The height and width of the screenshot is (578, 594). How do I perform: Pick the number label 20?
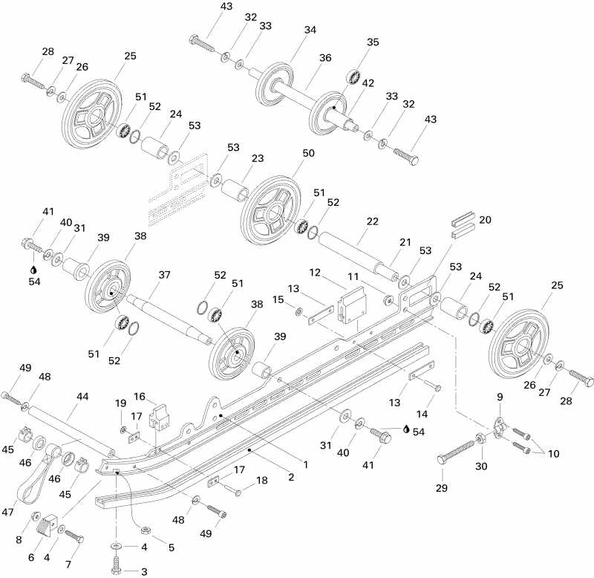(485, 220)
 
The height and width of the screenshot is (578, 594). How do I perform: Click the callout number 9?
(500, 397)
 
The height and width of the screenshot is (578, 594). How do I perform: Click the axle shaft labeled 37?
(163, 312)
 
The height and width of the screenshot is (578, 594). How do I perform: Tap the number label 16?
(139, 395)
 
